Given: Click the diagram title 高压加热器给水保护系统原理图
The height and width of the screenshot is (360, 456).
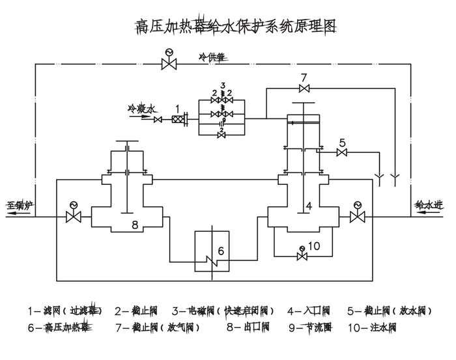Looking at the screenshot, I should (235, 27).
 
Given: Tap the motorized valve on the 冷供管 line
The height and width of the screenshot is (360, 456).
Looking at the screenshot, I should (170, 63).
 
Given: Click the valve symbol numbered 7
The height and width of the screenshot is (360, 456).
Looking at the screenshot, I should (304, 89).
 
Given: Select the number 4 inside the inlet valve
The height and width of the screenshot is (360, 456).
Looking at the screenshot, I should (309, 206).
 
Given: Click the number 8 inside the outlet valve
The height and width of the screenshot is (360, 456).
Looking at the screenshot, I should (135, 225).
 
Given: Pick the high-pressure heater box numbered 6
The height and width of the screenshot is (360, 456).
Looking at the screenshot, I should (212, 250).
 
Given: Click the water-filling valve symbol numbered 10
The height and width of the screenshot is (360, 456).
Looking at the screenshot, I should (301, 256).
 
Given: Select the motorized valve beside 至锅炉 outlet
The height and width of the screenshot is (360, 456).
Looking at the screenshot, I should (73, 216).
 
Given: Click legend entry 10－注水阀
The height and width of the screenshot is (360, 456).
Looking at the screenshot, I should (372, 327).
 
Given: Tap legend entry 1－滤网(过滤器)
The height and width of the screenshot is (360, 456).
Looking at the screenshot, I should (65, 310).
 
